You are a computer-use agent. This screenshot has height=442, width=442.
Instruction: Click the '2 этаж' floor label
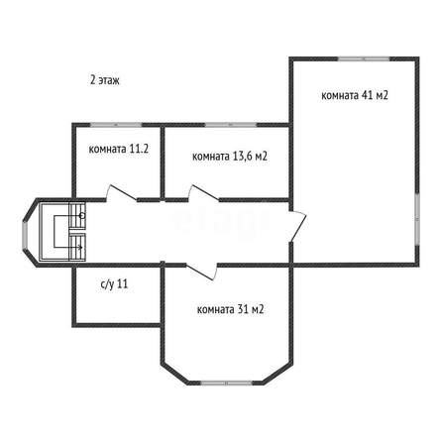pyautogui.click(x=105, y=80)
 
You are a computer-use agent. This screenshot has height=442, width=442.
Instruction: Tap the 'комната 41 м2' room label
pyautogui.click(x=355, y=95)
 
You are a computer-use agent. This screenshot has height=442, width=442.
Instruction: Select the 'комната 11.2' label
pyautogui.click(x=119, y=149)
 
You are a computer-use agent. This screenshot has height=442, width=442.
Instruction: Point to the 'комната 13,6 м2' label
pyautogui.click(x=230, y=156)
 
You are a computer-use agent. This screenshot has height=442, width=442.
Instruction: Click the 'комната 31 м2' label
pyautogui.click(x=230, y=309)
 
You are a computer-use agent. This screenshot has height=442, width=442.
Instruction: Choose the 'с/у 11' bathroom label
pyautogui.click(x=114, y=284)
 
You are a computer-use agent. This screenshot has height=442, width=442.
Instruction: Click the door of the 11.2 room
pyautogui.click(x=121, y=193)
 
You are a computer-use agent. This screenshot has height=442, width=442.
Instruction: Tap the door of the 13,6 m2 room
pyautogui.click(x=203, y=193)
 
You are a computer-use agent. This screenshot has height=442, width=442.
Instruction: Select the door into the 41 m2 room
pyautogui.click(x=297, y=226)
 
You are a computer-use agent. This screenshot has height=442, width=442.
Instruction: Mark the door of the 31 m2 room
pyautogui.click(x=201, y=272)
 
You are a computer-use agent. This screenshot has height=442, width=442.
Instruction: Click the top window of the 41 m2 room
pyautogui.click(x=364, y=59)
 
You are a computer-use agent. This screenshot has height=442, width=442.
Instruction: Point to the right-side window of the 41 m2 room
pyautogui.click(x=417, y=219)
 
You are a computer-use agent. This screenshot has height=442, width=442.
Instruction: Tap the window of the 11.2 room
pyautogui.click(x=116, y=125)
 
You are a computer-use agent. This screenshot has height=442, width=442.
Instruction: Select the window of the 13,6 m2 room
pyautogui.click(x=231, y=125)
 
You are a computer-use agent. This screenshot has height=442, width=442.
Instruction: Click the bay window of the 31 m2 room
pyautogui.click(x=227, y=384)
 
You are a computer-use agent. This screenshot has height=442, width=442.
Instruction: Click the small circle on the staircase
pyautogui.click(x=82, y=216)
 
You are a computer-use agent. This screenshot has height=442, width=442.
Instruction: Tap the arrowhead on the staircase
pyautogui.click(x=80, y=247)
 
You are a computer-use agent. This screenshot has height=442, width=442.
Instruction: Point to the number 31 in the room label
pyautogui.click(x=243, y=309)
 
